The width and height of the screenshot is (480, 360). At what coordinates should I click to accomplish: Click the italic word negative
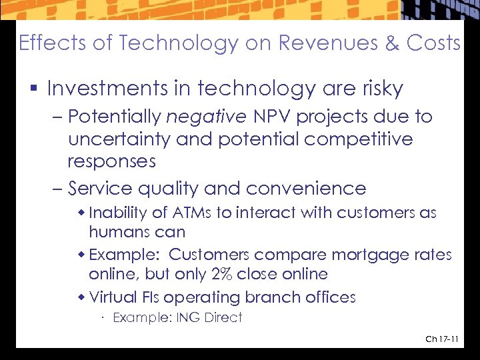click(x=206, y=117)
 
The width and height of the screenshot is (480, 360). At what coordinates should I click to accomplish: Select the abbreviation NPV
click(x=272, y=117)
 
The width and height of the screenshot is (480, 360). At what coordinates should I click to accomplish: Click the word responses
click(x=111, y=162)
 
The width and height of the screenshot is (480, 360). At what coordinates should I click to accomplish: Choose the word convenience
click(x=311, y=189)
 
